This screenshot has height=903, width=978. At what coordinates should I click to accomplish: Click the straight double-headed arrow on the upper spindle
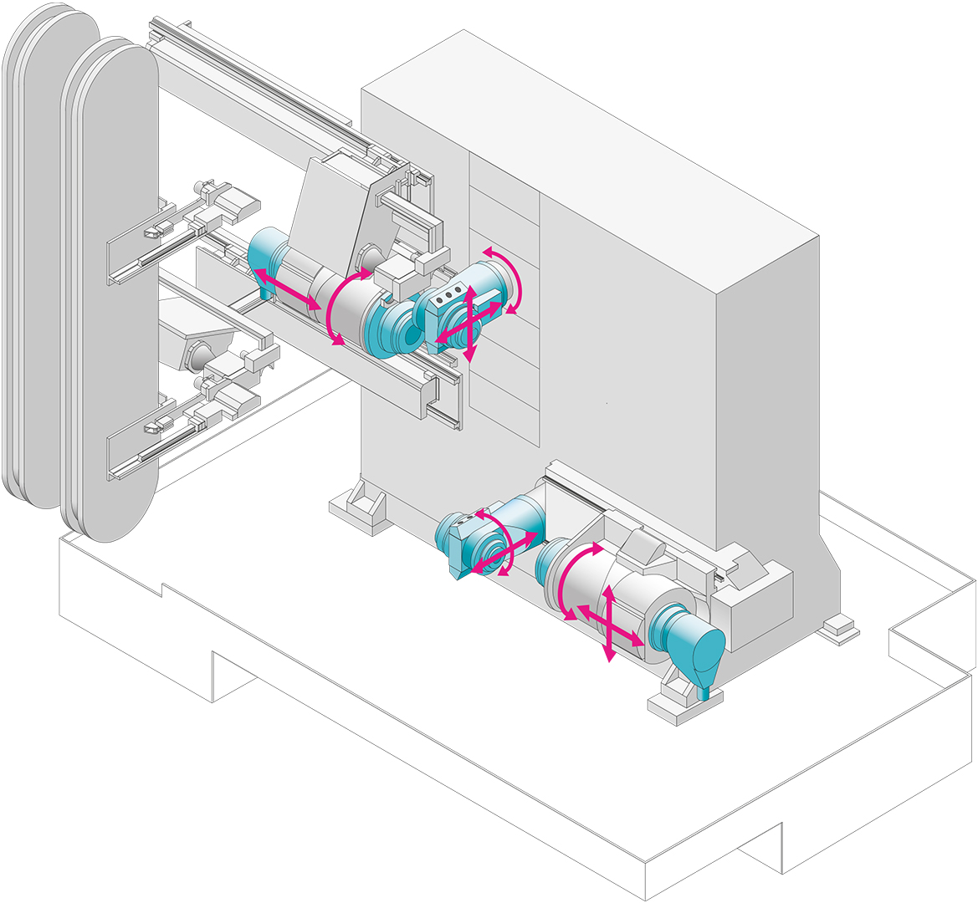(x=287, y=290)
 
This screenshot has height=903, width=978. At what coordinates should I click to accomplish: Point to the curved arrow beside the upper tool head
(x=507, y=278)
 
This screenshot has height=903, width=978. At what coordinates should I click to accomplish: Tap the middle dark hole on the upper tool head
(x=448, y=294)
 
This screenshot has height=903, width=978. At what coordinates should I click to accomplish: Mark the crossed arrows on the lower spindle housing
(x=610, y=624)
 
